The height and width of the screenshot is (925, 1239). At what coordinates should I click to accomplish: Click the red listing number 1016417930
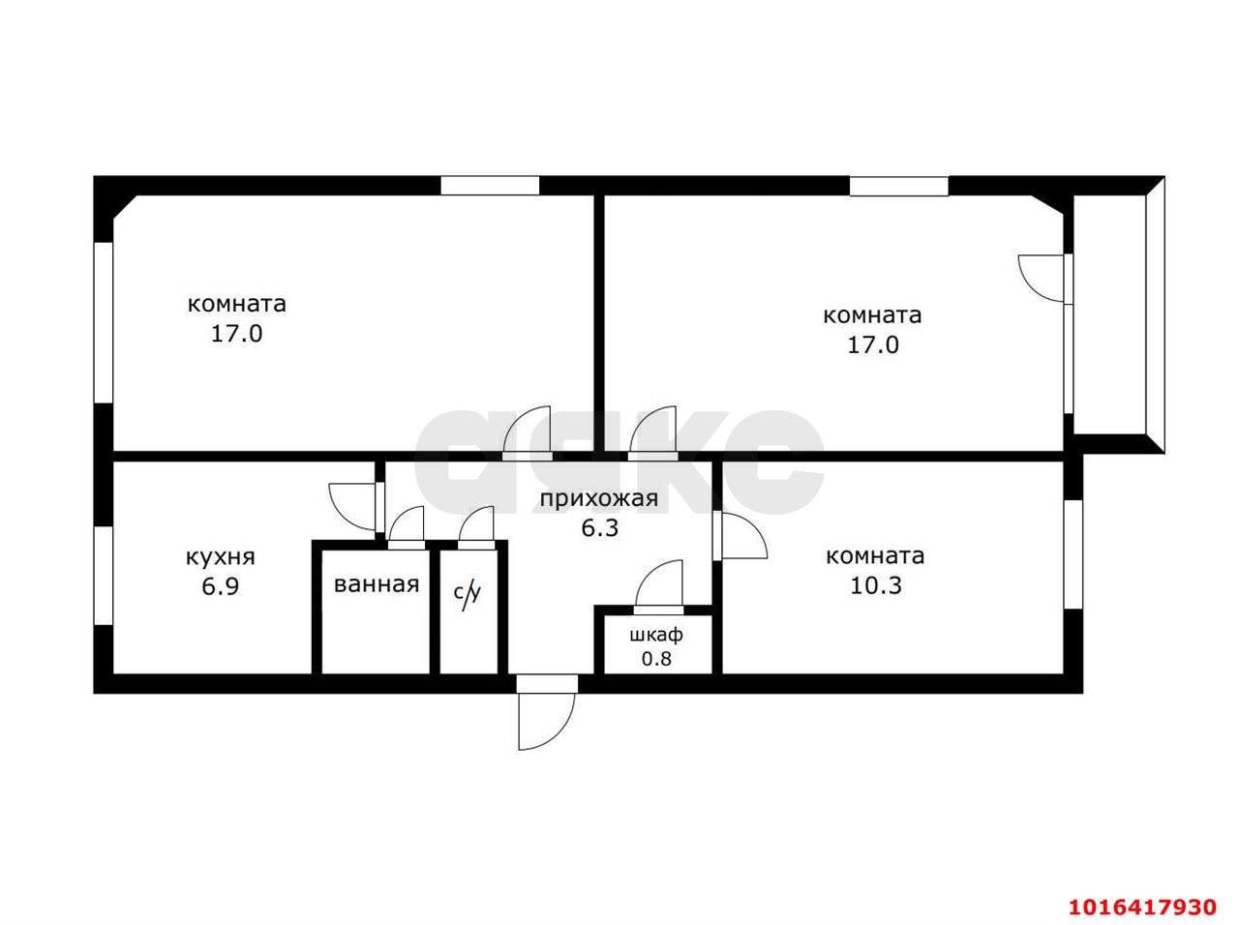click(1142, 907)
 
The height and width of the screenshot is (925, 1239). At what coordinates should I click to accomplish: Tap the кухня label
click(220, 557)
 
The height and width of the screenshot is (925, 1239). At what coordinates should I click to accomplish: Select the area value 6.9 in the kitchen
click(220, 586)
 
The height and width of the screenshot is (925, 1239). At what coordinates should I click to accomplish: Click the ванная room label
click(377, 584)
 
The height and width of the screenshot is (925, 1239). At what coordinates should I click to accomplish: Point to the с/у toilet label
click(468, 593)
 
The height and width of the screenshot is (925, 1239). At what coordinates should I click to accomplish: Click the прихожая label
click(598, 499)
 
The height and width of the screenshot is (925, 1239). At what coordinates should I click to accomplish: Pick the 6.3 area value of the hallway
click(598, 528)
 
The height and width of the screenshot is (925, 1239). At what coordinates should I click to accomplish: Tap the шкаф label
click(656, 636)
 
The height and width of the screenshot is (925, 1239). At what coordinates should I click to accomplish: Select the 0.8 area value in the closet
click(656, 660)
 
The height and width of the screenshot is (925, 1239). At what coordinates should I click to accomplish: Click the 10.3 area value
click(875, 585)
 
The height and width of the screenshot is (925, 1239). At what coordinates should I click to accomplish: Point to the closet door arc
click(659, 586)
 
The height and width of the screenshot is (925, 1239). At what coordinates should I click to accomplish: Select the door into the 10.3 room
click(740, 536)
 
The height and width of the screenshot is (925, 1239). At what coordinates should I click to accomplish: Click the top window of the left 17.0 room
click(490, 186)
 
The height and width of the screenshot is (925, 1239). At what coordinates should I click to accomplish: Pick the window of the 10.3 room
click(1073, 553)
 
